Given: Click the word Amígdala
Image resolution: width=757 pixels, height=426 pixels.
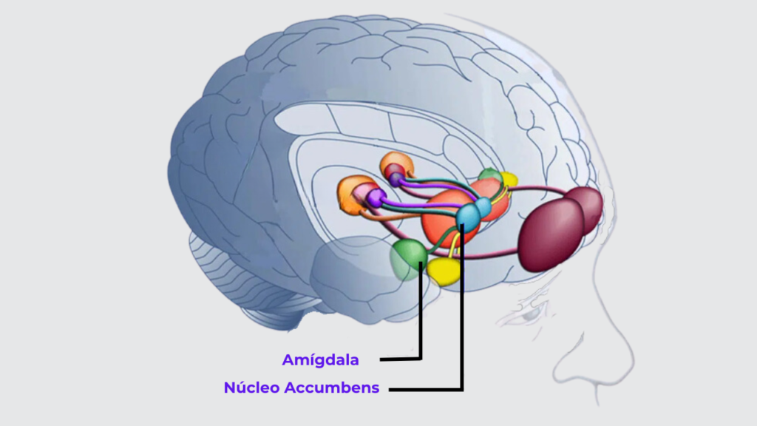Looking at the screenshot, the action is (321, 360).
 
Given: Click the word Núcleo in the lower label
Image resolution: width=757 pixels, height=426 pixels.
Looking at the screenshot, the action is (251, 388).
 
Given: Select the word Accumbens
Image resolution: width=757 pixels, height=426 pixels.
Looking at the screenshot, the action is (332, 388).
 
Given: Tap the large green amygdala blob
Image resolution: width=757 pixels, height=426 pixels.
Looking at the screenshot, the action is (408, 259).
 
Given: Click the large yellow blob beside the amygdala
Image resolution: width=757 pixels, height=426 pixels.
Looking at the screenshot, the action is (444, 271).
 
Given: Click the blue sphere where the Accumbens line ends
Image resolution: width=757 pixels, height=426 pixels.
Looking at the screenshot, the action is (467, 217).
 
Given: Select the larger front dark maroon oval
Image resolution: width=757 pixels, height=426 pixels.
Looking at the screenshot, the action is (550, 235).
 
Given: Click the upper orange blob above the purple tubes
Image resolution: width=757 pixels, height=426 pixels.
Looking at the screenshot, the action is (397, 165).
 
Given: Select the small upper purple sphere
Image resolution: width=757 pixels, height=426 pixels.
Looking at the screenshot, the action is (396, 180).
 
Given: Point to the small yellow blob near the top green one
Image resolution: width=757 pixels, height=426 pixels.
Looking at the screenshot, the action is (509, 179).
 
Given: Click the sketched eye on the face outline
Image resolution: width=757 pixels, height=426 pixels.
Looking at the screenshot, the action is (526, 315).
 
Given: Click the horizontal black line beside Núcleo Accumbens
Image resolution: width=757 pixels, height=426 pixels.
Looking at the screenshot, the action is (426, 389).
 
